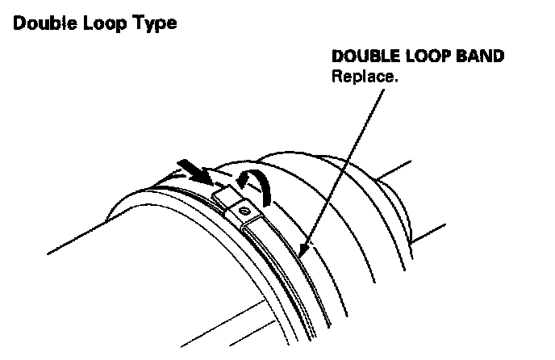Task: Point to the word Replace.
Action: click(x=362, y=78)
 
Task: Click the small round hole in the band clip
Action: click(x=245, y=211)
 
